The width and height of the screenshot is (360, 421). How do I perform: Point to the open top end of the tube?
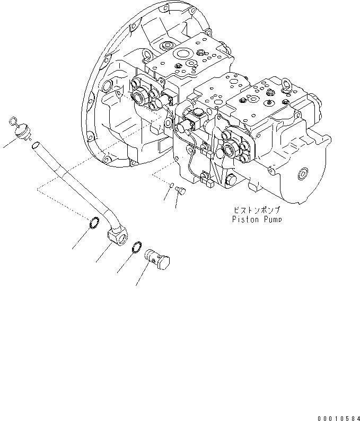(x=35, y=145)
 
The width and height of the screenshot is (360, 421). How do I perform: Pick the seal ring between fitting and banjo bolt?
(x=136, y=248)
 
